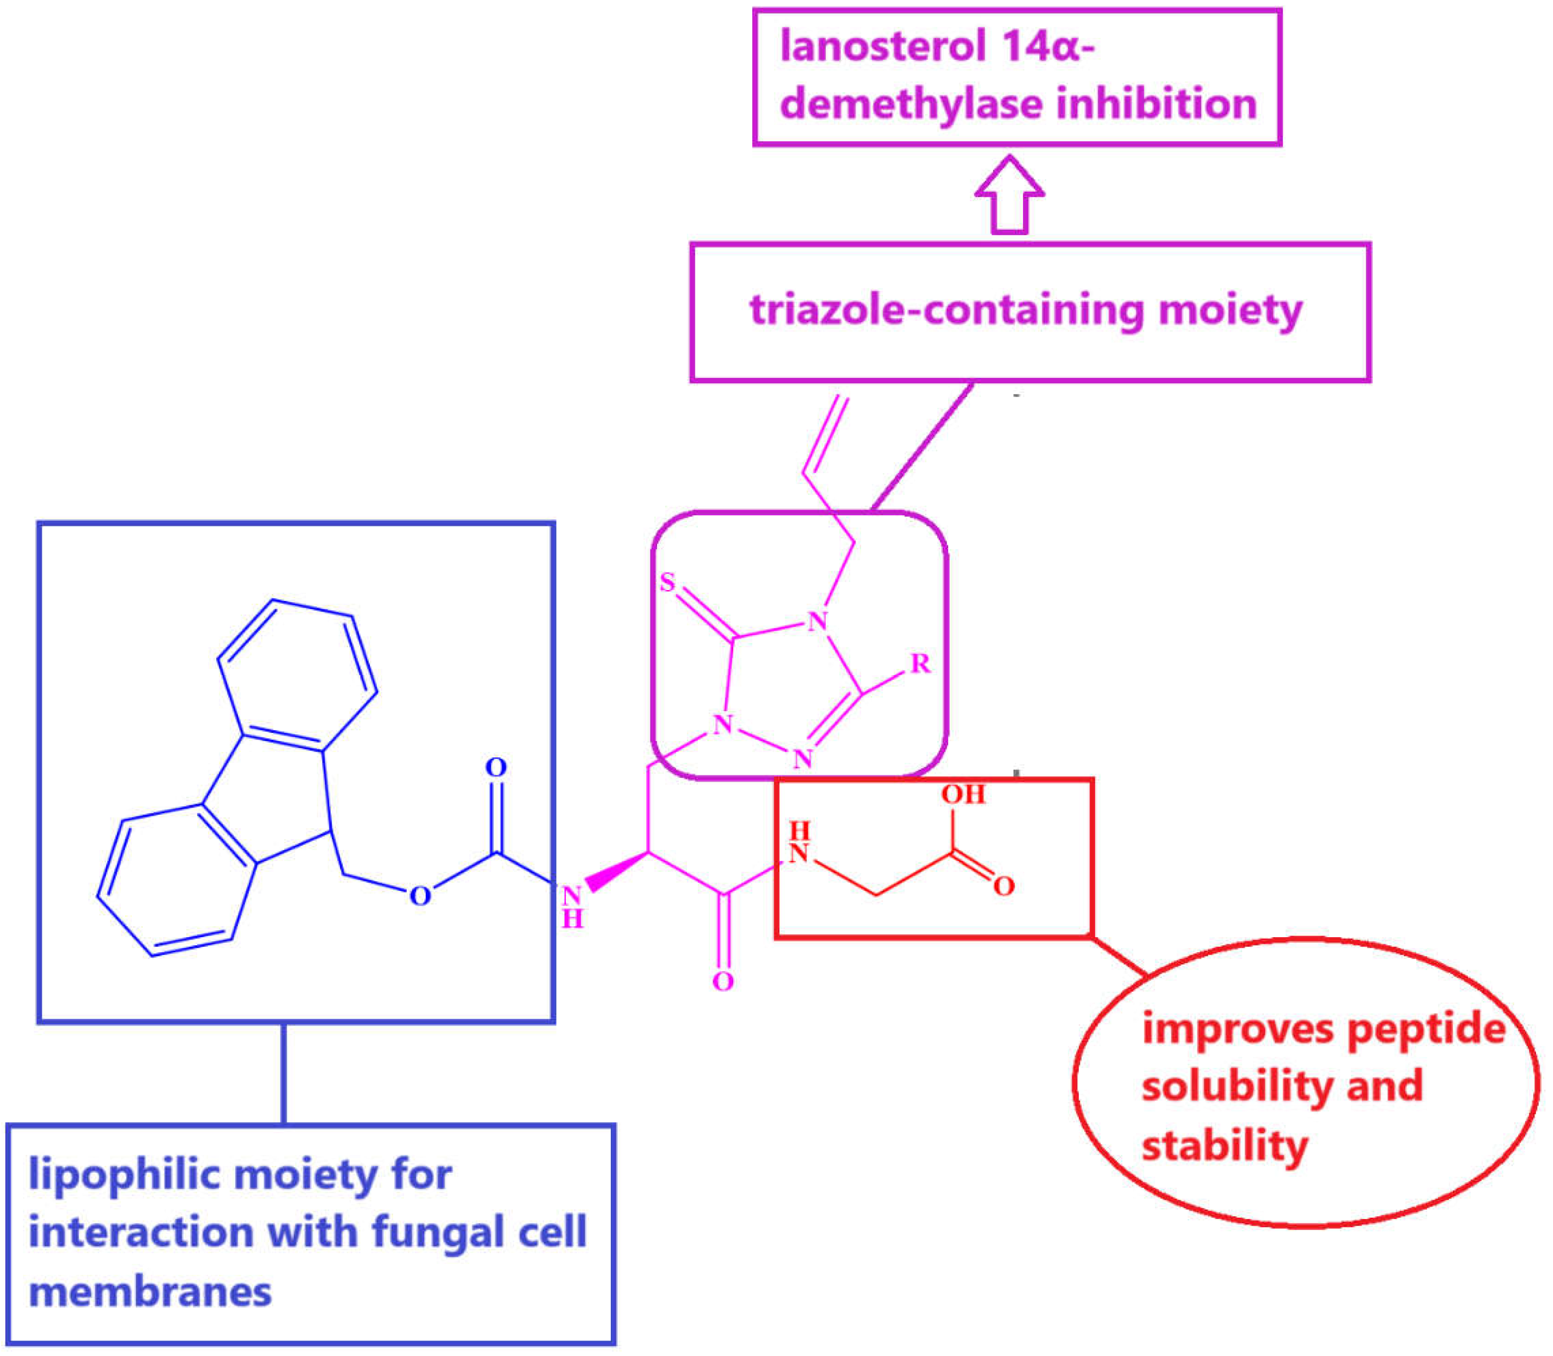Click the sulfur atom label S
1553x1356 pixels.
tap(666, 582)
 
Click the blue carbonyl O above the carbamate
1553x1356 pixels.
tap(495, 767)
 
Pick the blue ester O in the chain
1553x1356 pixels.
tap(420, 897)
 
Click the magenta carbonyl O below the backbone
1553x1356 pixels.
tap(723, 982)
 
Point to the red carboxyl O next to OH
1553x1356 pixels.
tap(1004, 886)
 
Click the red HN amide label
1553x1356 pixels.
tap(799, 842)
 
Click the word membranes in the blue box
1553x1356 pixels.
tap(150, 1292)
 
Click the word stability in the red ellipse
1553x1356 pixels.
tap(1224, 1145)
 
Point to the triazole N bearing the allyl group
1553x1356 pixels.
tap(817, 621)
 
